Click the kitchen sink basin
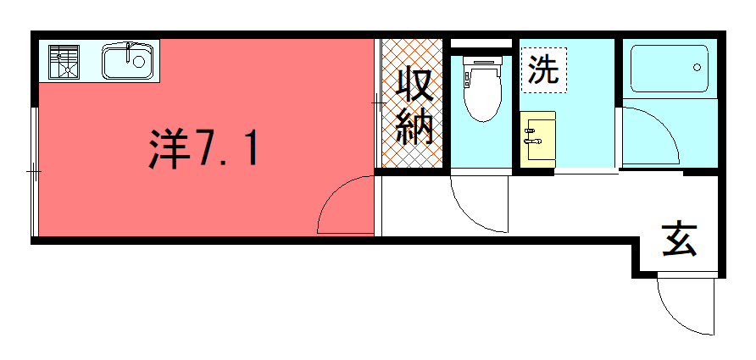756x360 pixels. pyautogui.click(x=128, y=61)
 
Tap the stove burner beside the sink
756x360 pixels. pyautogui.click(x=64, y=62)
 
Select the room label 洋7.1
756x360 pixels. pyautogui.click(x=202, y=148)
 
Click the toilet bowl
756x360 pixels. pyautogui.click(x=482, y=93)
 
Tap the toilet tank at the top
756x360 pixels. pyautogui.click(x=482, y=61)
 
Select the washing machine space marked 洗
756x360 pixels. pyautogui.click(x=544, y=69)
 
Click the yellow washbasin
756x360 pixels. pyautogui.click(x=537, y=136)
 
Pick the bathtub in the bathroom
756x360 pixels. pyautogui.click(x=670, y=69)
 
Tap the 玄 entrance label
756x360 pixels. pyautogui.click(x=680, y=240)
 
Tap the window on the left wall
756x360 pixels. pyautogui.click(x=34, y=172)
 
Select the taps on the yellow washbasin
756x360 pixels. pyautogui.click(x=532, y=136)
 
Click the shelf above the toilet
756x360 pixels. pyautogui.click(x=481, y=43)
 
